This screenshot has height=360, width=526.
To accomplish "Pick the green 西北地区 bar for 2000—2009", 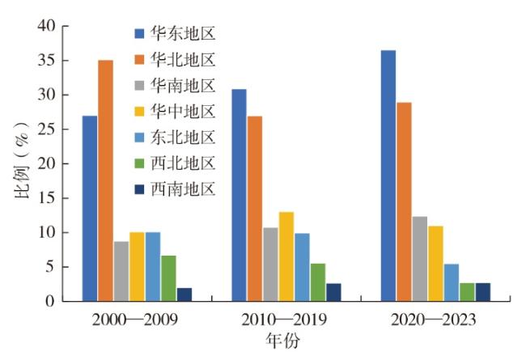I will (168, 278).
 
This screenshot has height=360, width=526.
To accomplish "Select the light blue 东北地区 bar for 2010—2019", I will (302, 267).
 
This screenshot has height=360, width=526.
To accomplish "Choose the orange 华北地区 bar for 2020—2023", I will (404, 201).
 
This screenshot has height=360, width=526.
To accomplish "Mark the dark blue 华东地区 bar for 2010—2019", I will (239, 195).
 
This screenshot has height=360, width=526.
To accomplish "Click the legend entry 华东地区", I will (184, 33).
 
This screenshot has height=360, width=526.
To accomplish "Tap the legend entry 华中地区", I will (184, 111).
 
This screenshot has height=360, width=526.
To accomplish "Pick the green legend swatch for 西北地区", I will (138, 163).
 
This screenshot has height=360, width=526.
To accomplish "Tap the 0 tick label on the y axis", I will (53, 301).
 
